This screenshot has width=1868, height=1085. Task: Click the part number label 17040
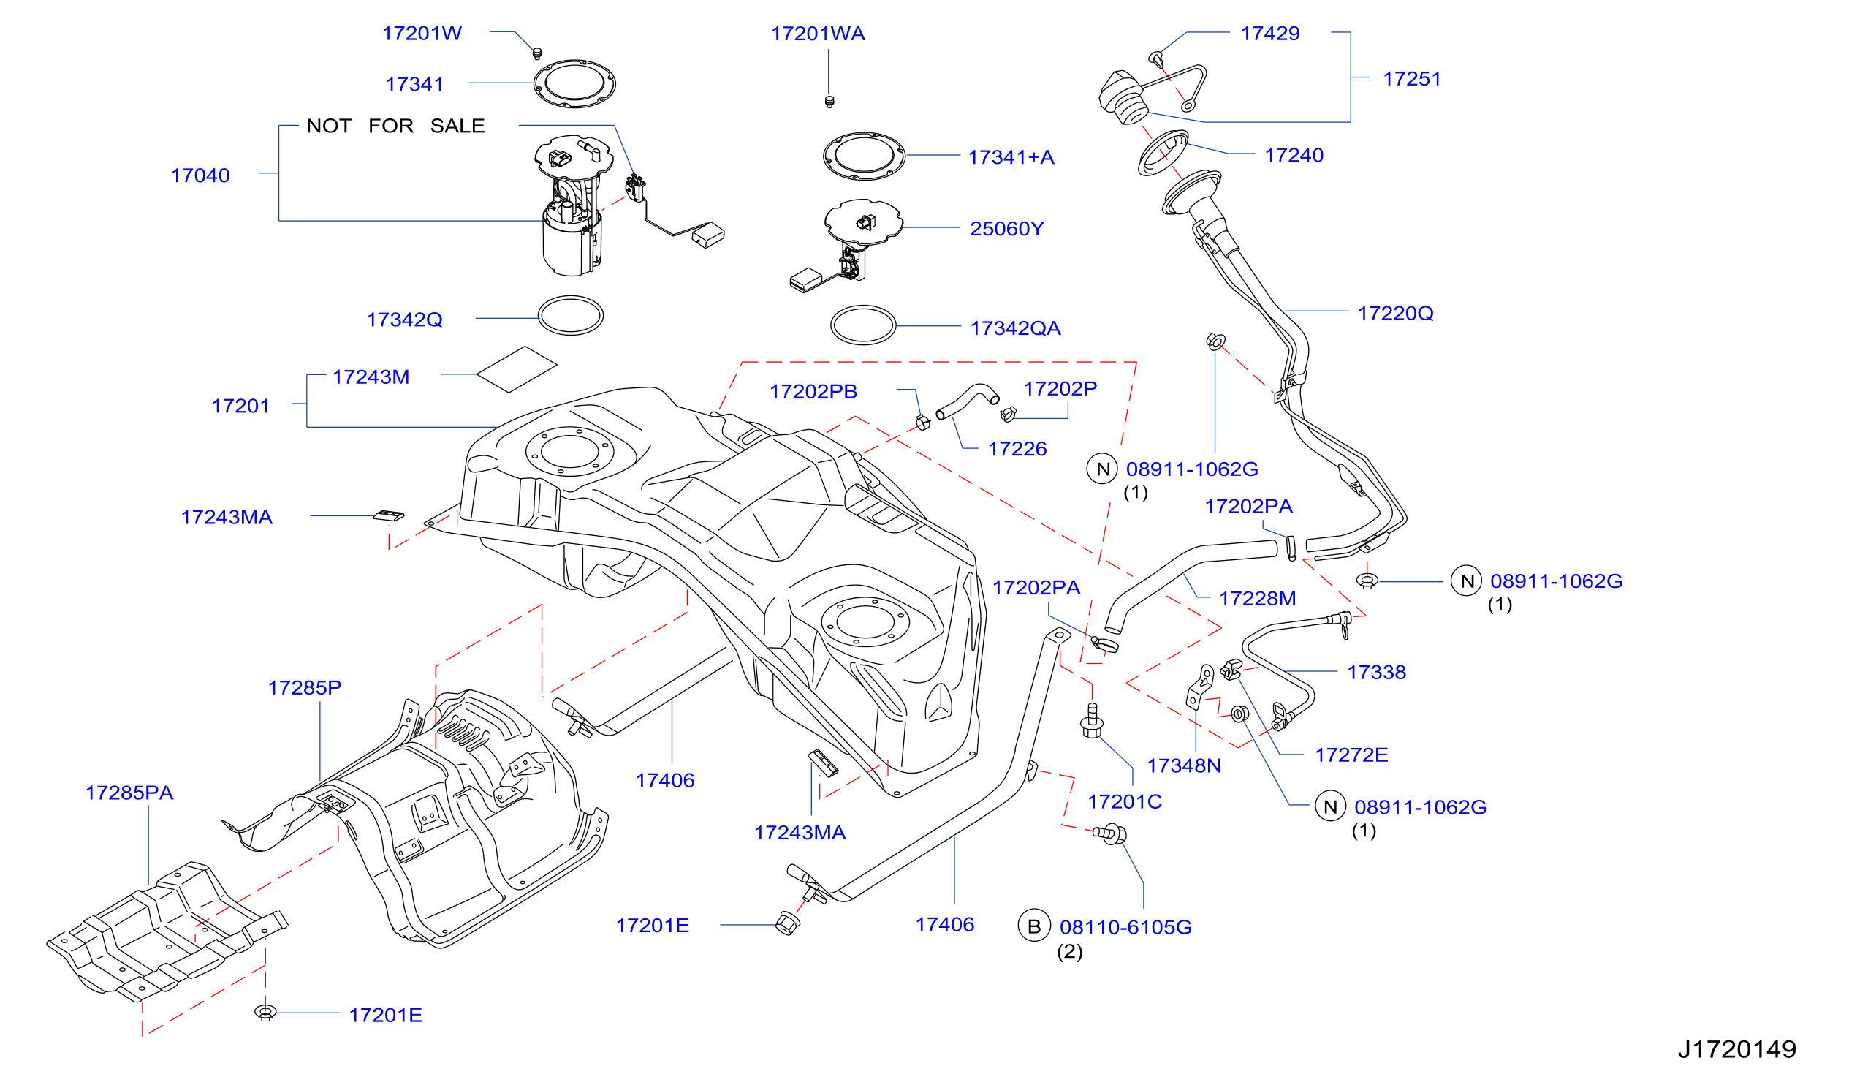(x=200, y=175)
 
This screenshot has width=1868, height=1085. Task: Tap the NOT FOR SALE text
(x=396, y=126)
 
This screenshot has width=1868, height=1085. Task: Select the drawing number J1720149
(x=1736, y=1049)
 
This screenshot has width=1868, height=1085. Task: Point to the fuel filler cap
(x=1123, y=97)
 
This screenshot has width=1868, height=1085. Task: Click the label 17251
(x=1412, y=80)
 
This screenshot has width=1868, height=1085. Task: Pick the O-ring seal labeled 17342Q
(x=570, y=316)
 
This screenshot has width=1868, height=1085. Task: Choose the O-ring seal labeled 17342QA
(x=863, y=325)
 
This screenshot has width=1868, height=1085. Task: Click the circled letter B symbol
(x=1034, y=926)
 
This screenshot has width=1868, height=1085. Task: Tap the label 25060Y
(x=1006, y=229)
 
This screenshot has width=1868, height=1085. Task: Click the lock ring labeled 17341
(x=574, y=84)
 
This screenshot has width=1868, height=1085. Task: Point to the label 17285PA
(x=129, y=793)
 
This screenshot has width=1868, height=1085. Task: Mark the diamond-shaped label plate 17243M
(x=517, y=369)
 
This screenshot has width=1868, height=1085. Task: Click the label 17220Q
(x=1395, y=314)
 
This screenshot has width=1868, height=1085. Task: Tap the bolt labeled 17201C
(x=1092, y=720)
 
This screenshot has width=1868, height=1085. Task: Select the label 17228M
(x=1257, y=600)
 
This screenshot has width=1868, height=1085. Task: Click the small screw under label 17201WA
(x=829, y=102)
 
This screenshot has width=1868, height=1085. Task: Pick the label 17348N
(x=1184, y=766)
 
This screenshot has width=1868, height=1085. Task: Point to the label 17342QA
(x=1016, y=328)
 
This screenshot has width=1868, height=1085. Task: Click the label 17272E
(x=1351, y=756)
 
